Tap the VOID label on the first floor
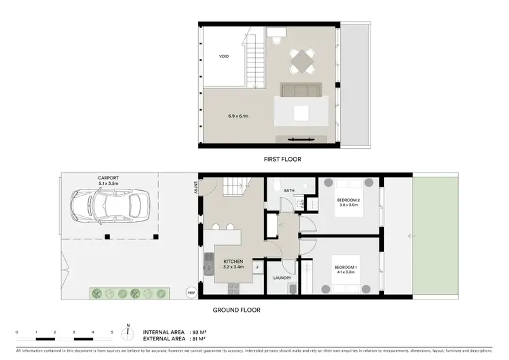224,56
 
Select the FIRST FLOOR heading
282,159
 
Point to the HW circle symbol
191,293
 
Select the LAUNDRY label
282,277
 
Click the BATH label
288,191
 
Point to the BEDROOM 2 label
348,200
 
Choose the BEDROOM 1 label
345,268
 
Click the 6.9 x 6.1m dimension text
238,116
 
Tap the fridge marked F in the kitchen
258,267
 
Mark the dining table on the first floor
302,62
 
